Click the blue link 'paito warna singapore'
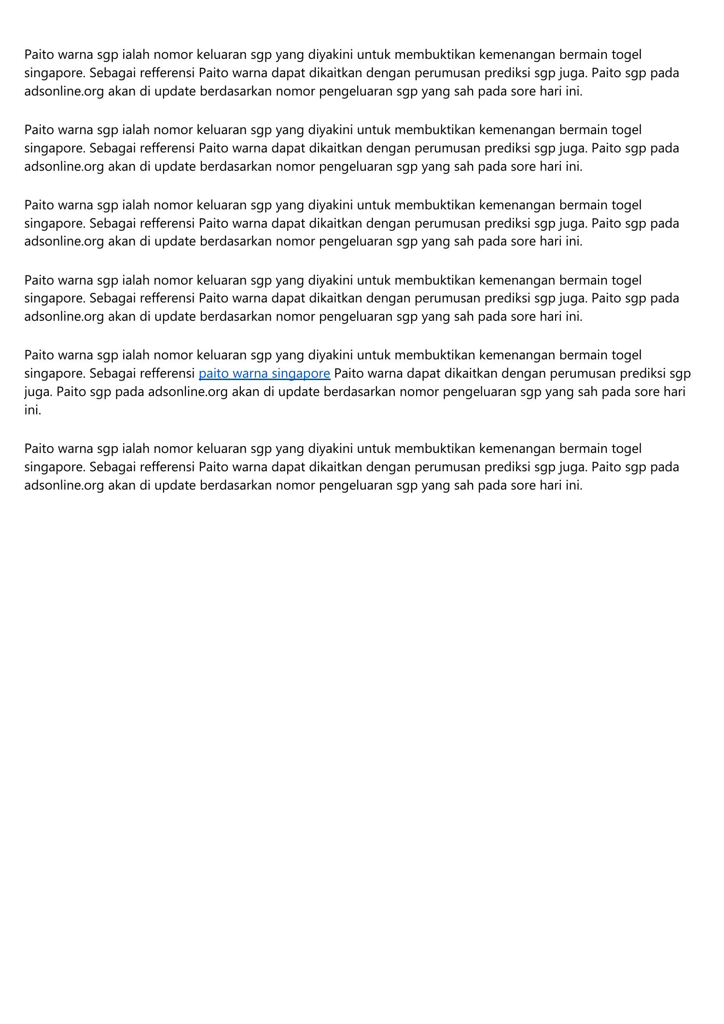coord(264,373)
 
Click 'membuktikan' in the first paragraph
coord(434,55)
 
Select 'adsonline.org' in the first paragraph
coord(64,91)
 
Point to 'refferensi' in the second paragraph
coord(167,148)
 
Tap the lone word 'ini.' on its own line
coord(33,410)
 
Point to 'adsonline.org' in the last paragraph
coord(64,485)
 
